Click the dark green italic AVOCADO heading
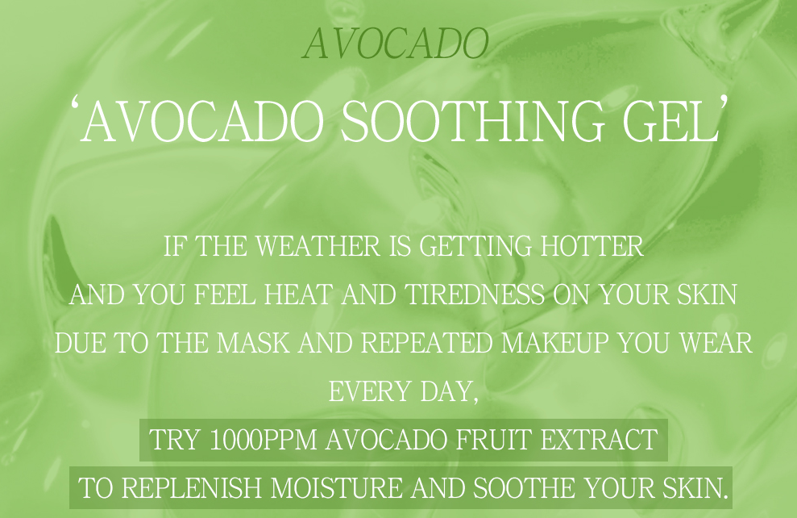click(396, 44)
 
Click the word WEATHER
click(318, 246)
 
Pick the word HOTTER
click(592, 246)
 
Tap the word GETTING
click(475, 246)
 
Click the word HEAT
click(298, 295)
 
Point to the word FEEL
click(225, 295)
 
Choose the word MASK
click(253, 343)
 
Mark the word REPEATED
click(426, 343)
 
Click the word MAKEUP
click(554, 343)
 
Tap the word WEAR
click(716, 343)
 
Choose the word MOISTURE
click(337, 488)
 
